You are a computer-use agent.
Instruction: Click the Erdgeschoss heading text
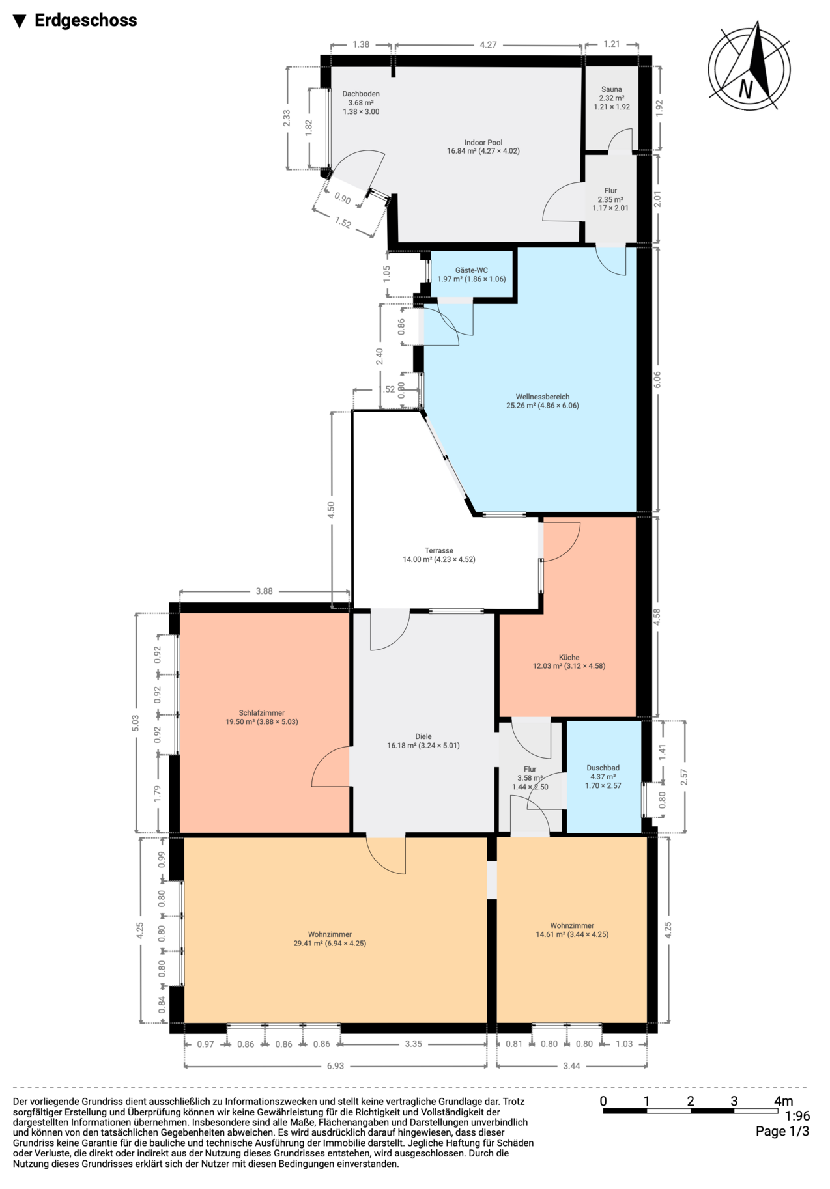85,21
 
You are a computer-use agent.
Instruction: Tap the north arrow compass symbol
749,66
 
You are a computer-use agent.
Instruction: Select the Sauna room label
611,90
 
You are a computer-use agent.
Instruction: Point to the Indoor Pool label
483,143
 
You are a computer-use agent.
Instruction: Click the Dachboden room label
360,94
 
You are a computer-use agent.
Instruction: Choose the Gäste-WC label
471,270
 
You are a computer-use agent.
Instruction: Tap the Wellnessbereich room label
542,397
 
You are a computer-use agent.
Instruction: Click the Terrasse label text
438,551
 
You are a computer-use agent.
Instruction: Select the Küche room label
569,658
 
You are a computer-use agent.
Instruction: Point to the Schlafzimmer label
261,713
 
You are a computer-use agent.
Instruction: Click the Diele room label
423,737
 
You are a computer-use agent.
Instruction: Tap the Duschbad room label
603,768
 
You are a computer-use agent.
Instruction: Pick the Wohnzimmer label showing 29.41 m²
330,935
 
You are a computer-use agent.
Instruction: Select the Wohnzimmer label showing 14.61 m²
571,926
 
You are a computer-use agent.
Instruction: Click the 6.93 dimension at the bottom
335,1066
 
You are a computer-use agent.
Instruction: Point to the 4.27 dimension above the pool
488,45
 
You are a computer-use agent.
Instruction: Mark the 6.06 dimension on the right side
657,380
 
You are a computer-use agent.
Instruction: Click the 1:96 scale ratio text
797,1116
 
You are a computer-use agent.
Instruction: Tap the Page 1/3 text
782,1131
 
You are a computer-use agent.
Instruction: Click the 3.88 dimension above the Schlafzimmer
264,591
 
